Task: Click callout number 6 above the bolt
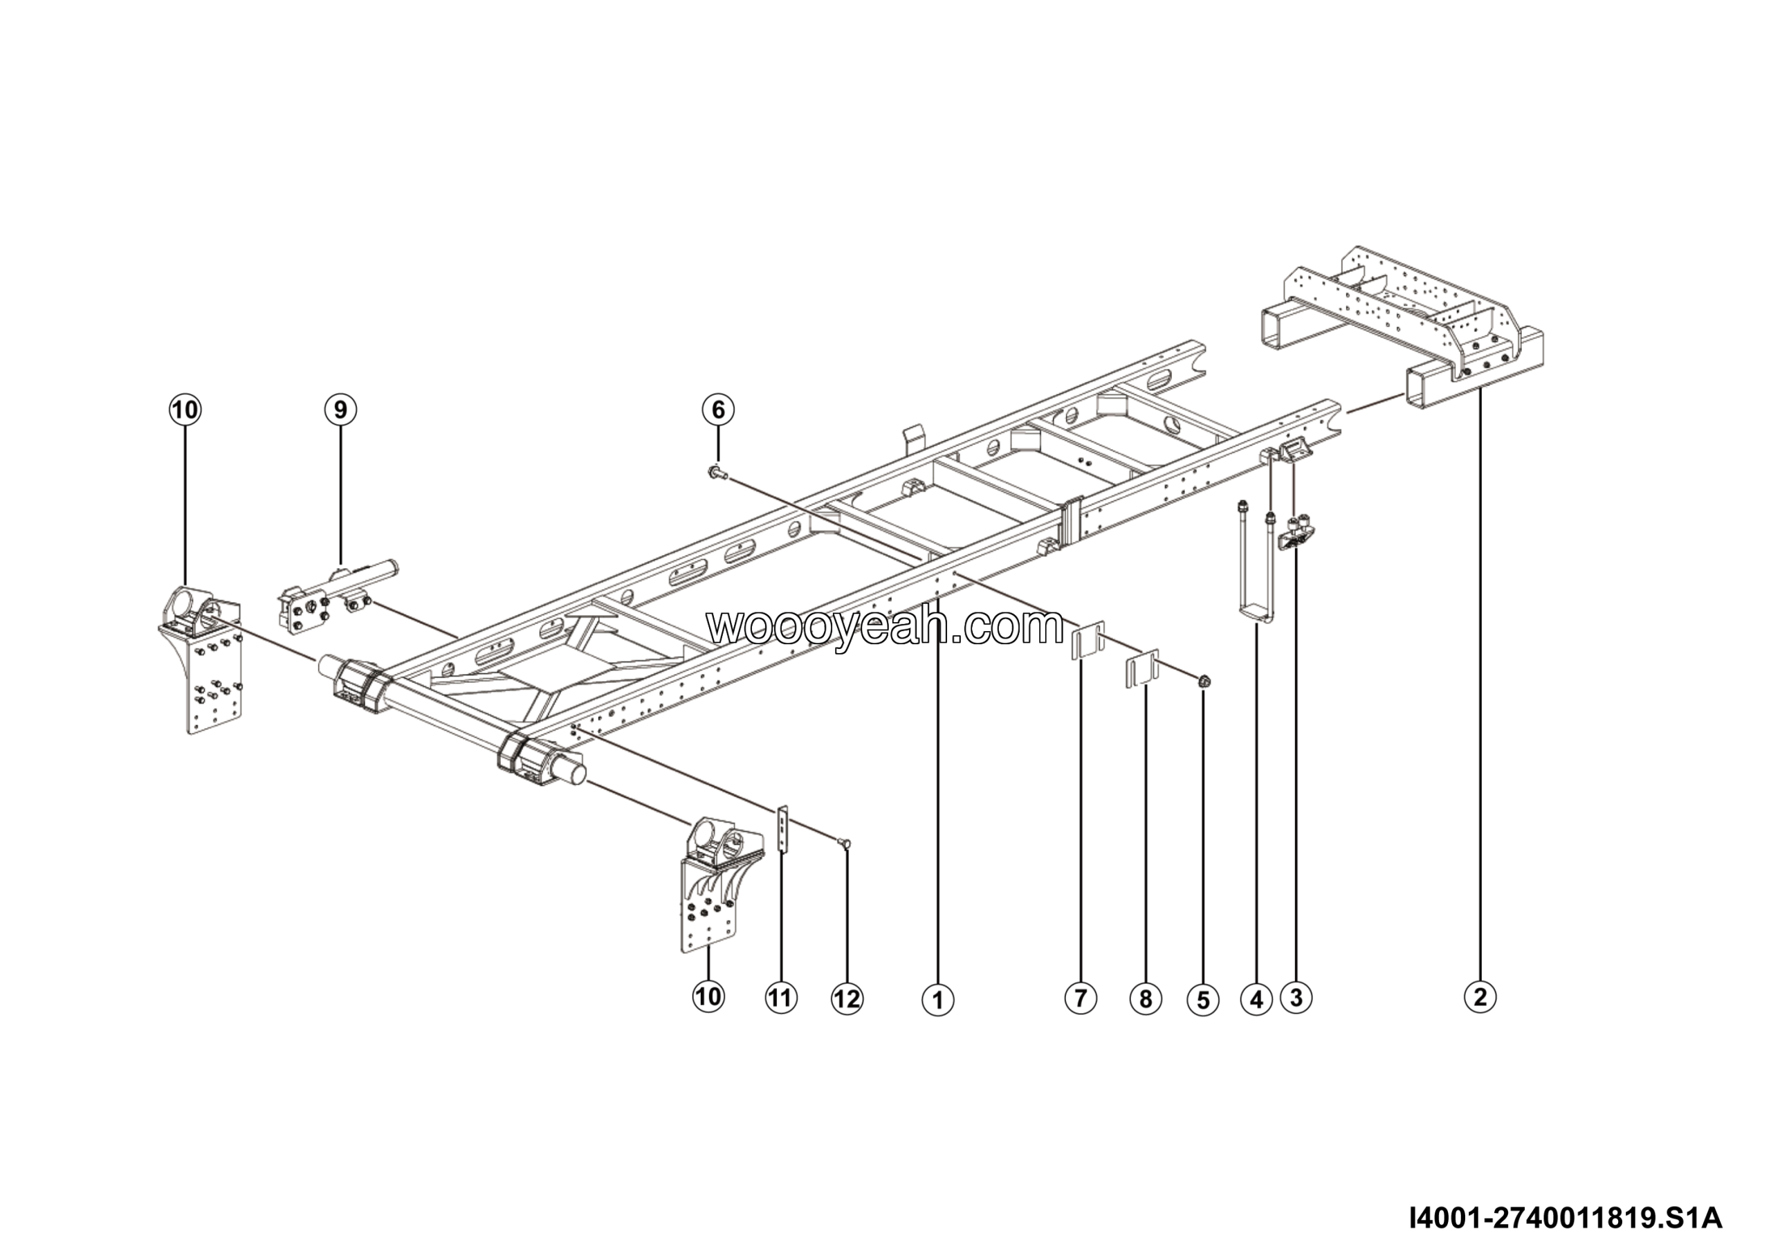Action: point(717,410)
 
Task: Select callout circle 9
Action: point(340,410)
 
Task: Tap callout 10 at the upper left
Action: point(185,410)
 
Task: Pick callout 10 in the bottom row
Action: point(708,996)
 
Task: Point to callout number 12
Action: point(847,1000)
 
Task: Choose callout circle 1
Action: point(938,1001)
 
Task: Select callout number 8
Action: point(1146,1000)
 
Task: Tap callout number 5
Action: point(1203,1001)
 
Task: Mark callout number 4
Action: point(1256,1001)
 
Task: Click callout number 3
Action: point(1296,997)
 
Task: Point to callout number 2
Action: point(1480,996)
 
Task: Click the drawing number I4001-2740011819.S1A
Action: point(1565,1219)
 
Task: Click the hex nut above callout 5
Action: point(1204,681)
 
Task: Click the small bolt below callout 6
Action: point(715,471)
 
